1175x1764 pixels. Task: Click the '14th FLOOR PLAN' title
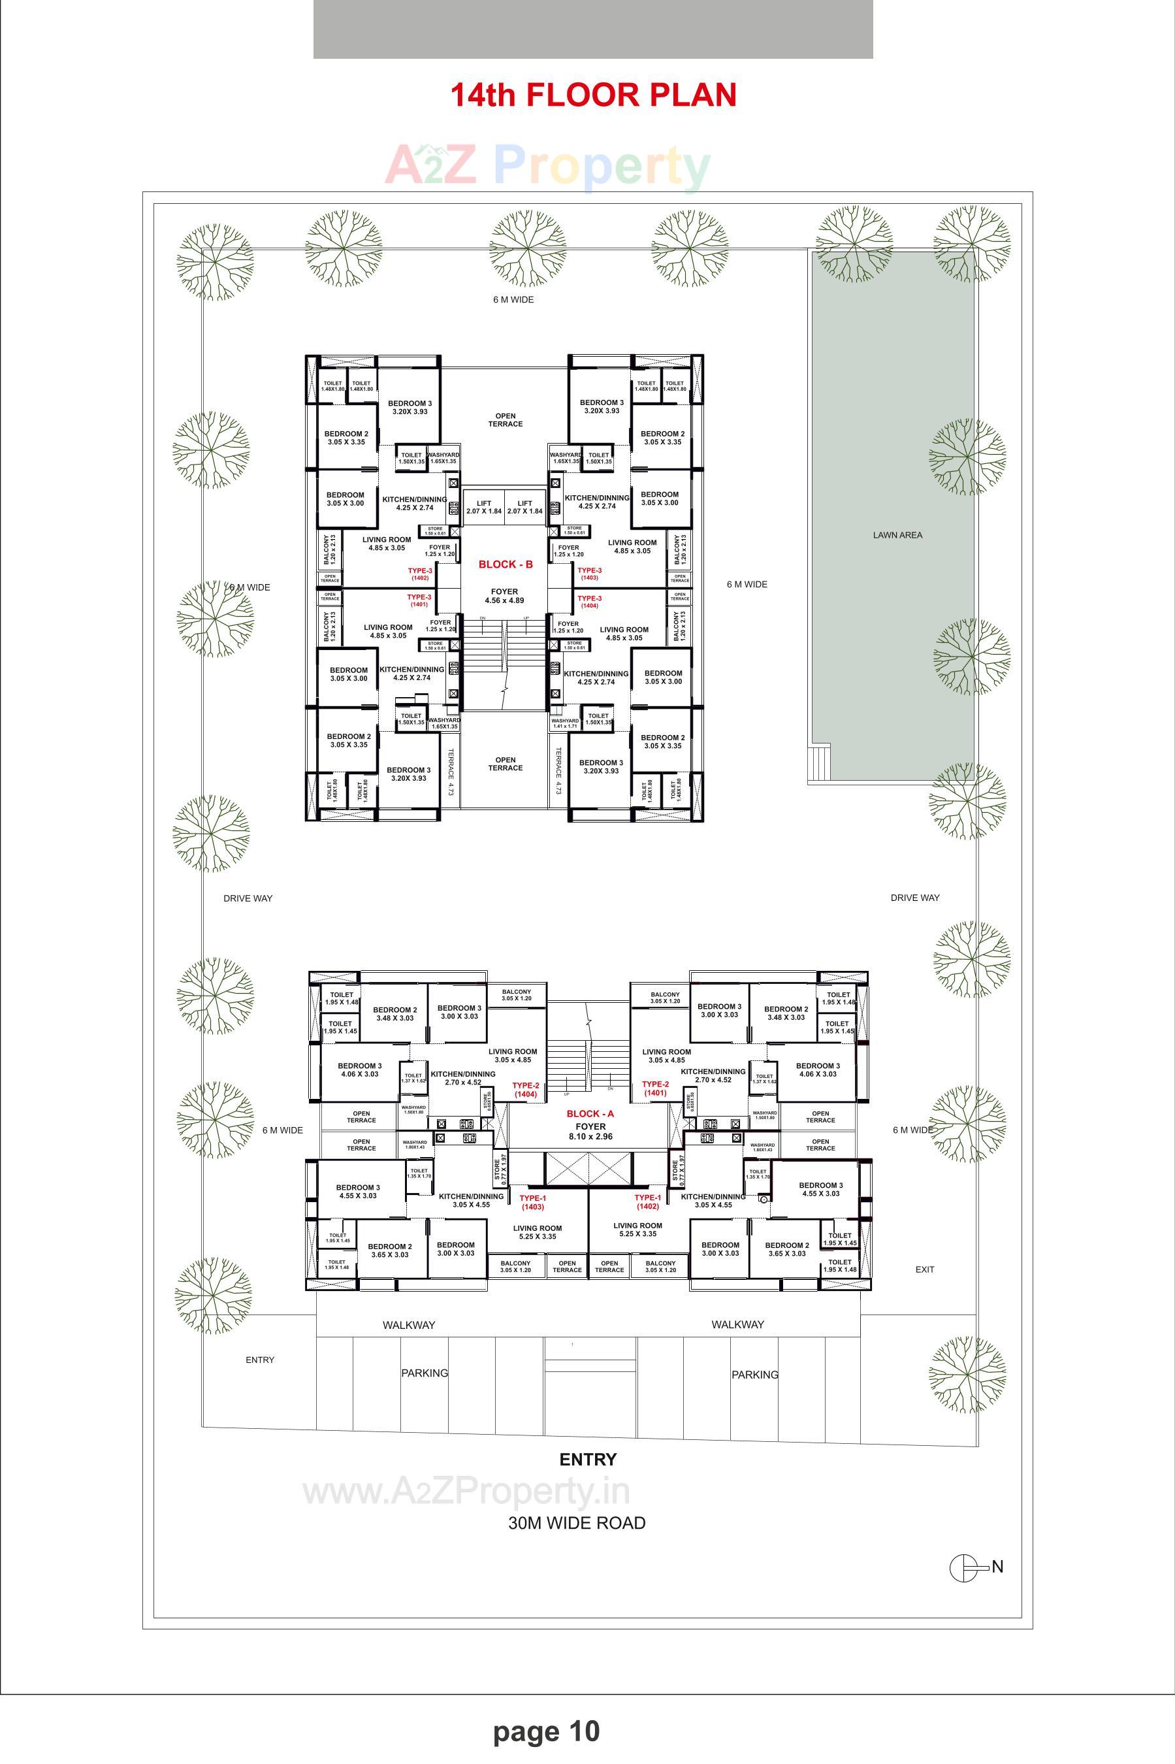(593, 95)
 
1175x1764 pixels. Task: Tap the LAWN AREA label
(897, 535)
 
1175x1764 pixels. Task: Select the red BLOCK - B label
(506, 564)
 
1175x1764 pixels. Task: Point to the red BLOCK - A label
(590, 1113)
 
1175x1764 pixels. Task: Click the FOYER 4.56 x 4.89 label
(504, 596)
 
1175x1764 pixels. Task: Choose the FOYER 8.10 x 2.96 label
(590, 1132)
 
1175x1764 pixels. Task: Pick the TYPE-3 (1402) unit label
(419, 574)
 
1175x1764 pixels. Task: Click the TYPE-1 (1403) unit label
(533, 1203)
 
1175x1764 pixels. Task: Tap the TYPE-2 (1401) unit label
(655, 1088)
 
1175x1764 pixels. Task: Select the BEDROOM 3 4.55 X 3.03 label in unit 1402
(820, 1189)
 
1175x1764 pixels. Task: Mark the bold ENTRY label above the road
(588, 1459)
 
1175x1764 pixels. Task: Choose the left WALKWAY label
(408, 1325)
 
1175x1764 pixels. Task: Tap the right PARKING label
(754, 1375)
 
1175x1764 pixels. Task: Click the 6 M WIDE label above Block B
(513, 300)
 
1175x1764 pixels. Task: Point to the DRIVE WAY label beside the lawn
(915, 898)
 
